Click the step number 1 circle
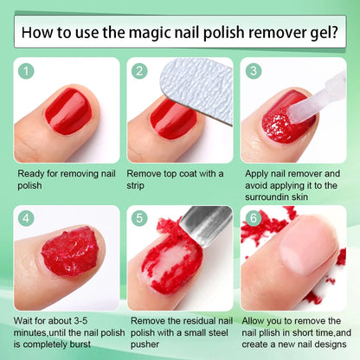click(27, 72)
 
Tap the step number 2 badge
click(140, 72)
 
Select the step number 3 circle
click(253, 72)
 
